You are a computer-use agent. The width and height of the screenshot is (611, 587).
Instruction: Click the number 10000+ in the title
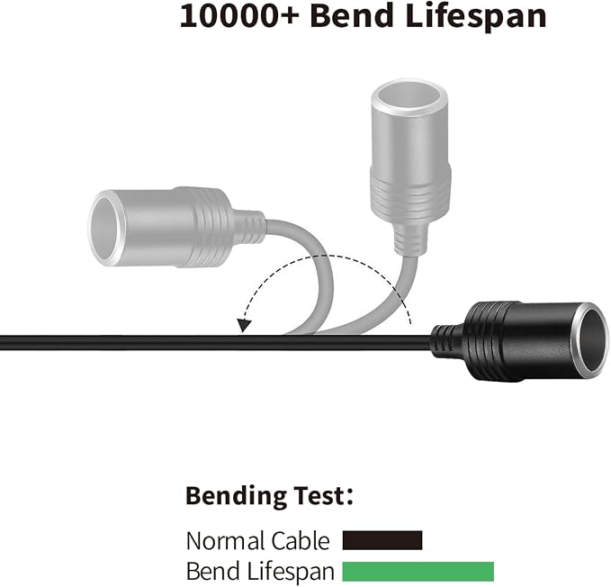click(x=238, y=16)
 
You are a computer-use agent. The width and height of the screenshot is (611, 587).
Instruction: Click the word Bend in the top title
click(x=352, y=15)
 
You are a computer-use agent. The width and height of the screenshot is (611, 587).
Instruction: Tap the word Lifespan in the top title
click(x=475, y=17)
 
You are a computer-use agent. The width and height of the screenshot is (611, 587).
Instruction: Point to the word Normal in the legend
click(x=224, y=541)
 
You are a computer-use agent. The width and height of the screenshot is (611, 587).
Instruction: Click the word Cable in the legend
click(x=300, y=541)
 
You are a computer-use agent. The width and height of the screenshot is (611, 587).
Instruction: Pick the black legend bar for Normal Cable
click(x=382, y=540)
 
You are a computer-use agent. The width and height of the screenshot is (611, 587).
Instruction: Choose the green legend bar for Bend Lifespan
click(x=418, y=572)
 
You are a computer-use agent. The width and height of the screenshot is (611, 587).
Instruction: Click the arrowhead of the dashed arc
click(x=244, y=325)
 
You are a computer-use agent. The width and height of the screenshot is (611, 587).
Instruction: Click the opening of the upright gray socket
click(x=409, y=97)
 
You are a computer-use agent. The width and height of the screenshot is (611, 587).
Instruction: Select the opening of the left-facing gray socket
click(x=104, y=228)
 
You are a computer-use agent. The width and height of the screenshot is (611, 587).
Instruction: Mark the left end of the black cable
click(x=1, y=342)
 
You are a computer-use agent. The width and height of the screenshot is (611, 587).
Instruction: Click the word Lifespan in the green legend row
click(x=290, y=572)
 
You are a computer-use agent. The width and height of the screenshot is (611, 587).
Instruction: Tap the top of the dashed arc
click(x=324, y=256)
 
